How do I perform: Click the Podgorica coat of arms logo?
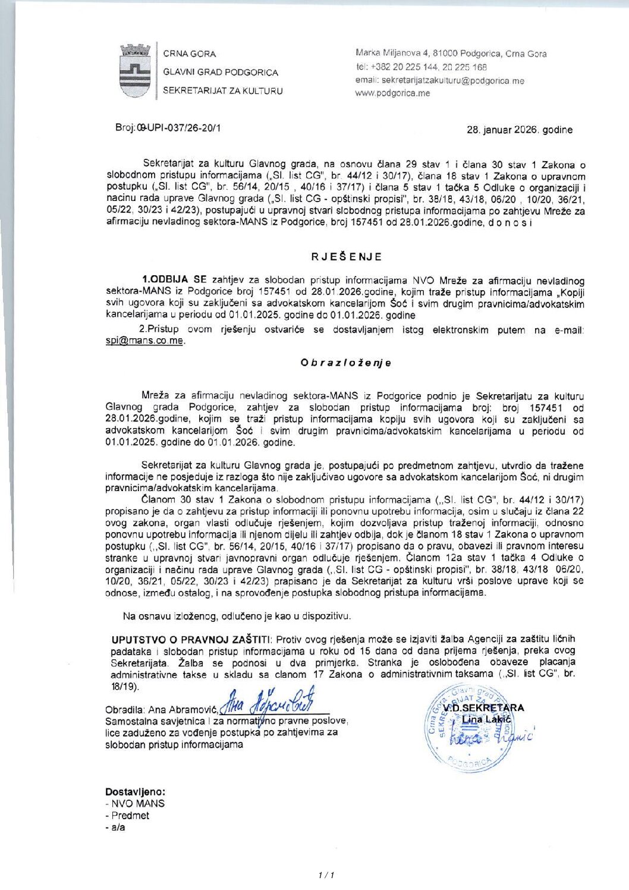(135, 71)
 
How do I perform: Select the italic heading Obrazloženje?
(346, 363)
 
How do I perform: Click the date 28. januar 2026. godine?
(520, 130)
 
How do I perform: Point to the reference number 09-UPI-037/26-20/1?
(168, 128)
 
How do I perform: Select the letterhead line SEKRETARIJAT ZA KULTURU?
(223, 91)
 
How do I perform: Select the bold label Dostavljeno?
(135, 792)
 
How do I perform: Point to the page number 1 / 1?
(326, 875)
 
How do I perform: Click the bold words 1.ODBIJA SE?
(174, 279)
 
